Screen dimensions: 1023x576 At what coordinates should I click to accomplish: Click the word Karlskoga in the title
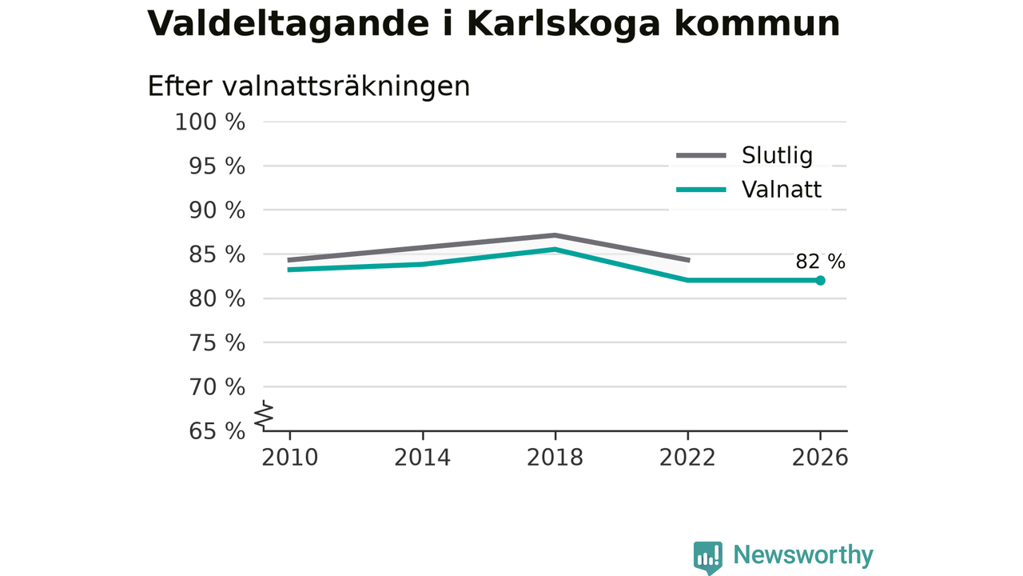[563, 24]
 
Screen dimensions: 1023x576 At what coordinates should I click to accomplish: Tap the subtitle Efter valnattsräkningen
[308, 86]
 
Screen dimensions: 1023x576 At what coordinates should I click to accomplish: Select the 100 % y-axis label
[210, 122]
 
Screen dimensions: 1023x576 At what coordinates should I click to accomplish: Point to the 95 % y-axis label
[217, 166]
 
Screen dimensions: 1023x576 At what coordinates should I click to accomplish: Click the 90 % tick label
[217, 210]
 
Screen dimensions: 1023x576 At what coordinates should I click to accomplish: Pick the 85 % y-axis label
[217, 254]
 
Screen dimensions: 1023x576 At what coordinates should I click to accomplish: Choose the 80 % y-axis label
[217, 299]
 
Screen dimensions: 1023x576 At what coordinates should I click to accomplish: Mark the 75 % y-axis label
[217, 343]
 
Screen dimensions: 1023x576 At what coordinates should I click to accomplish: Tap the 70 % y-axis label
[217, 387]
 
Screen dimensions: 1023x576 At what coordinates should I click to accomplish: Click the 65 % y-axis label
[217, 431]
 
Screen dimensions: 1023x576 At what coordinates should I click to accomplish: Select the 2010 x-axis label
[289, 458]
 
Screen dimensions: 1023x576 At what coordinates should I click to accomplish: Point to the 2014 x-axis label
[423, 458]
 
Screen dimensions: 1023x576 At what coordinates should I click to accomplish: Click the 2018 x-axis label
[555, 458]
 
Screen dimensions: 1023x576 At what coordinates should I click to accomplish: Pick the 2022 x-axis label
[687, 458]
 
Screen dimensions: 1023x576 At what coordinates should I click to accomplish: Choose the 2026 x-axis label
[820, 458]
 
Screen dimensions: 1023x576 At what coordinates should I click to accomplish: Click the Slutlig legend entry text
[777, 156]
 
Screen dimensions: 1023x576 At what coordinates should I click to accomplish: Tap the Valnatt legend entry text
[782, 190]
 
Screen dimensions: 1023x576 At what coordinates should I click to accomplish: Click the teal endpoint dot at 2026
[820, 281]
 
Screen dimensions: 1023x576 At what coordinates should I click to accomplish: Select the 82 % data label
[820, 262]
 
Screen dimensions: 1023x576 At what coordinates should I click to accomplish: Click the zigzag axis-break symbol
[264, 414]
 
